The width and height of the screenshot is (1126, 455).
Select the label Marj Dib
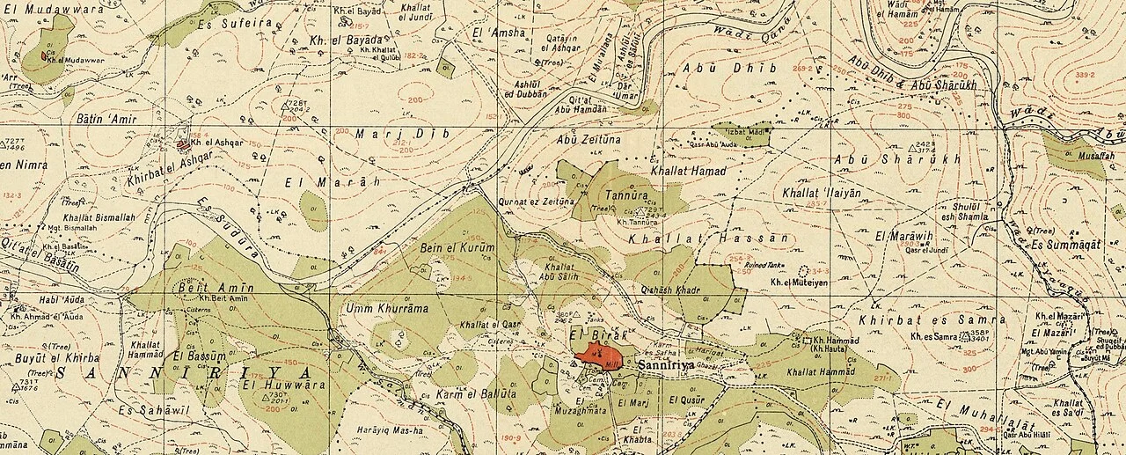coord(384,135)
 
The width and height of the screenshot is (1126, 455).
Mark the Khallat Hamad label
coord(688,171)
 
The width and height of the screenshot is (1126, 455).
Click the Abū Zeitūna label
coord(589,139)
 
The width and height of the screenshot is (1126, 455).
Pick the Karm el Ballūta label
coord(475,395)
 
